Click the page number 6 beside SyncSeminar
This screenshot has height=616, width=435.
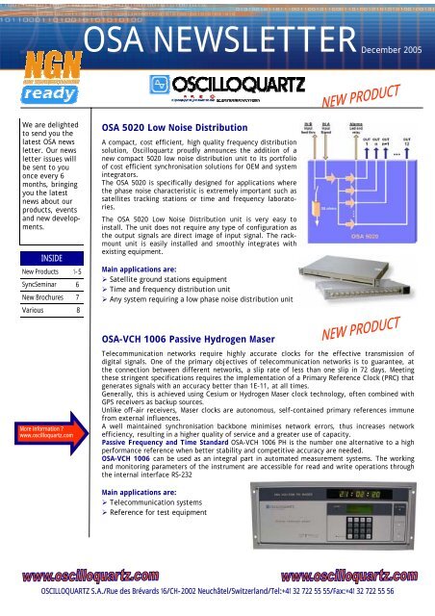pos(76,286)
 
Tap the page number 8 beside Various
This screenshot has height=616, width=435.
pos(76,311)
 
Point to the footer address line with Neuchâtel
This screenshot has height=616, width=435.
pos(217,606)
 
